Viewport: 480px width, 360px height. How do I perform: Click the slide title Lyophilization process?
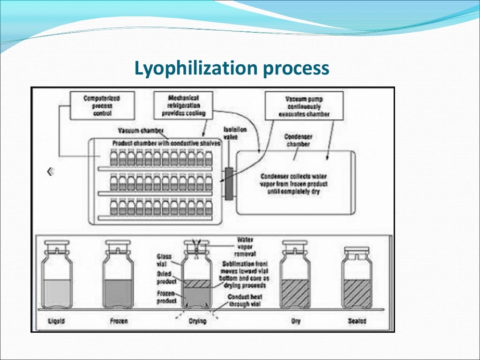[232, 68]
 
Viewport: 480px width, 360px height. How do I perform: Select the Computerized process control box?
[102, 105]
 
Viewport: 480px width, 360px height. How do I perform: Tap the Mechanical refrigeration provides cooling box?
[183, 105]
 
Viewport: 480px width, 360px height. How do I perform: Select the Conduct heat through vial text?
[245, 300]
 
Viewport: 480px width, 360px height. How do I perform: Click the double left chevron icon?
[51, 172]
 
